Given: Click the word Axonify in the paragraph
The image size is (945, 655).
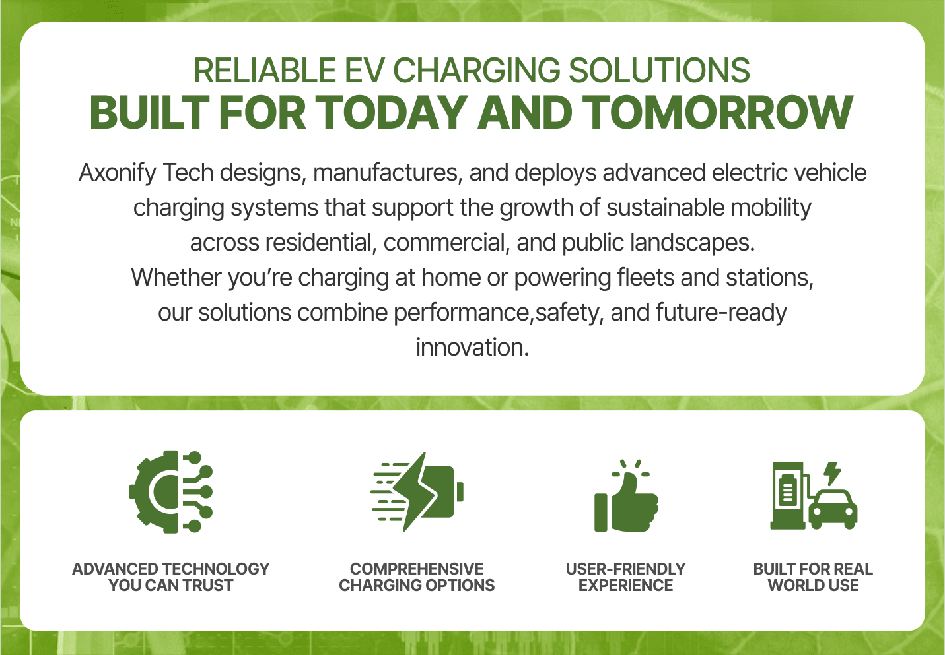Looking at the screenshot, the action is tap(118, 173).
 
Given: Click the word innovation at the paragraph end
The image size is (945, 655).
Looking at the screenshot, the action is tap(472, 348).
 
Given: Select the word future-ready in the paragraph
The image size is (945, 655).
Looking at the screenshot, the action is tap(721, 313).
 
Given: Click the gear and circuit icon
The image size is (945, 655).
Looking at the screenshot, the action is tap(171, 492).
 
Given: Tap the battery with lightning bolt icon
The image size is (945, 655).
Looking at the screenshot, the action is tap(417, 492).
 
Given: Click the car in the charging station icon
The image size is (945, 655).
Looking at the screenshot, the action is tap(833, 510).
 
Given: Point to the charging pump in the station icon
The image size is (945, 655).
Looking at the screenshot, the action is tap(788, 495).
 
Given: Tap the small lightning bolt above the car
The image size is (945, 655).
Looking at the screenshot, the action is tap(832, 474).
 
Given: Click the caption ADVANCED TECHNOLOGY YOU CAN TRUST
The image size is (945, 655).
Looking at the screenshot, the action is tap(171, 577).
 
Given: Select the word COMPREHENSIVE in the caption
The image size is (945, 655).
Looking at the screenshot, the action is tap(417, 569).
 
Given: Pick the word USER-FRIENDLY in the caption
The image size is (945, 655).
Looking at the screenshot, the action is tap(625, 569).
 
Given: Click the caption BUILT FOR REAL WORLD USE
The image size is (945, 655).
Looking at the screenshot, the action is tap(813, 577).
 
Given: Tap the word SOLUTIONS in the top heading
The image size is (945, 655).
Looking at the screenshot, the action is tap(660, 71).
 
